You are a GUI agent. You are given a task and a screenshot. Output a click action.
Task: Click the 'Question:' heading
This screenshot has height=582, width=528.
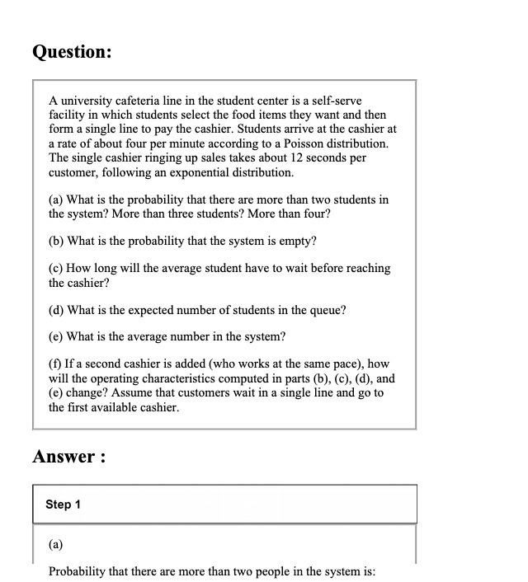pyautogui.click(x=72, y=52)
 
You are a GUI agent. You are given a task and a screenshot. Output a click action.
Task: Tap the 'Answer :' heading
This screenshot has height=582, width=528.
pyautogui.click(x=69, y=457)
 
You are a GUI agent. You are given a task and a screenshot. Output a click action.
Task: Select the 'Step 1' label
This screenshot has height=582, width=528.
pyautogui.click(x=63, y=504)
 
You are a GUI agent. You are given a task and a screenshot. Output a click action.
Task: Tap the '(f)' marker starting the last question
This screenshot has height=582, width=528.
pyautogui.click(x=56, y=364)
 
